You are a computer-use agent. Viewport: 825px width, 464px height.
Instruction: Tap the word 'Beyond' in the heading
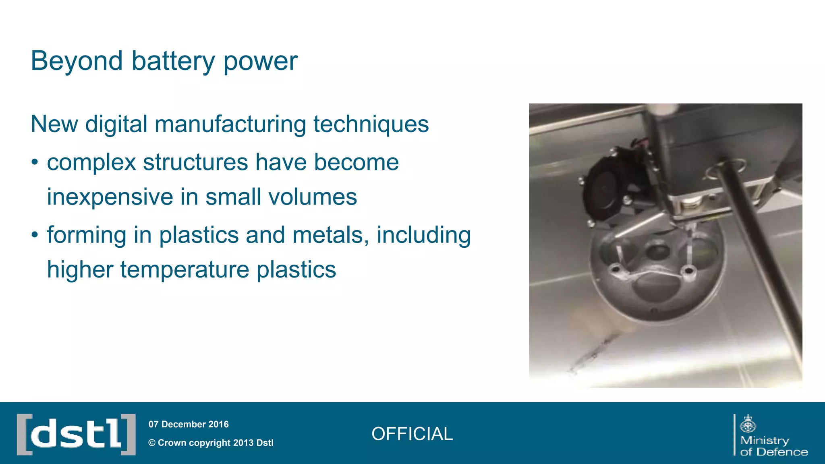point(77,61)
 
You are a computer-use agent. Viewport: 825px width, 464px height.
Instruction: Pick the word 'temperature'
point(184,269)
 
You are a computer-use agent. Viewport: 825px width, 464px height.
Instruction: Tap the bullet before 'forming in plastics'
point(35,235)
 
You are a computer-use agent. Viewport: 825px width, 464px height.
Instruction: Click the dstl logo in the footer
point(76,434)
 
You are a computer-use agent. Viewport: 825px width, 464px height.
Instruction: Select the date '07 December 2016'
point(189,424)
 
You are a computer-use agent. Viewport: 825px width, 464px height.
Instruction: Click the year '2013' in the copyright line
point(243,443)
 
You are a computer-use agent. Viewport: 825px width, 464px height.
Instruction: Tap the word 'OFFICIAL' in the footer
point(412,434)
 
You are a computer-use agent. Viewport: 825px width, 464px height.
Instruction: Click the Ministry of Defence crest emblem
point(748,424)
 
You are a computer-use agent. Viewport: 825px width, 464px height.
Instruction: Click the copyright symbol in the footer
point(152,443)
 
